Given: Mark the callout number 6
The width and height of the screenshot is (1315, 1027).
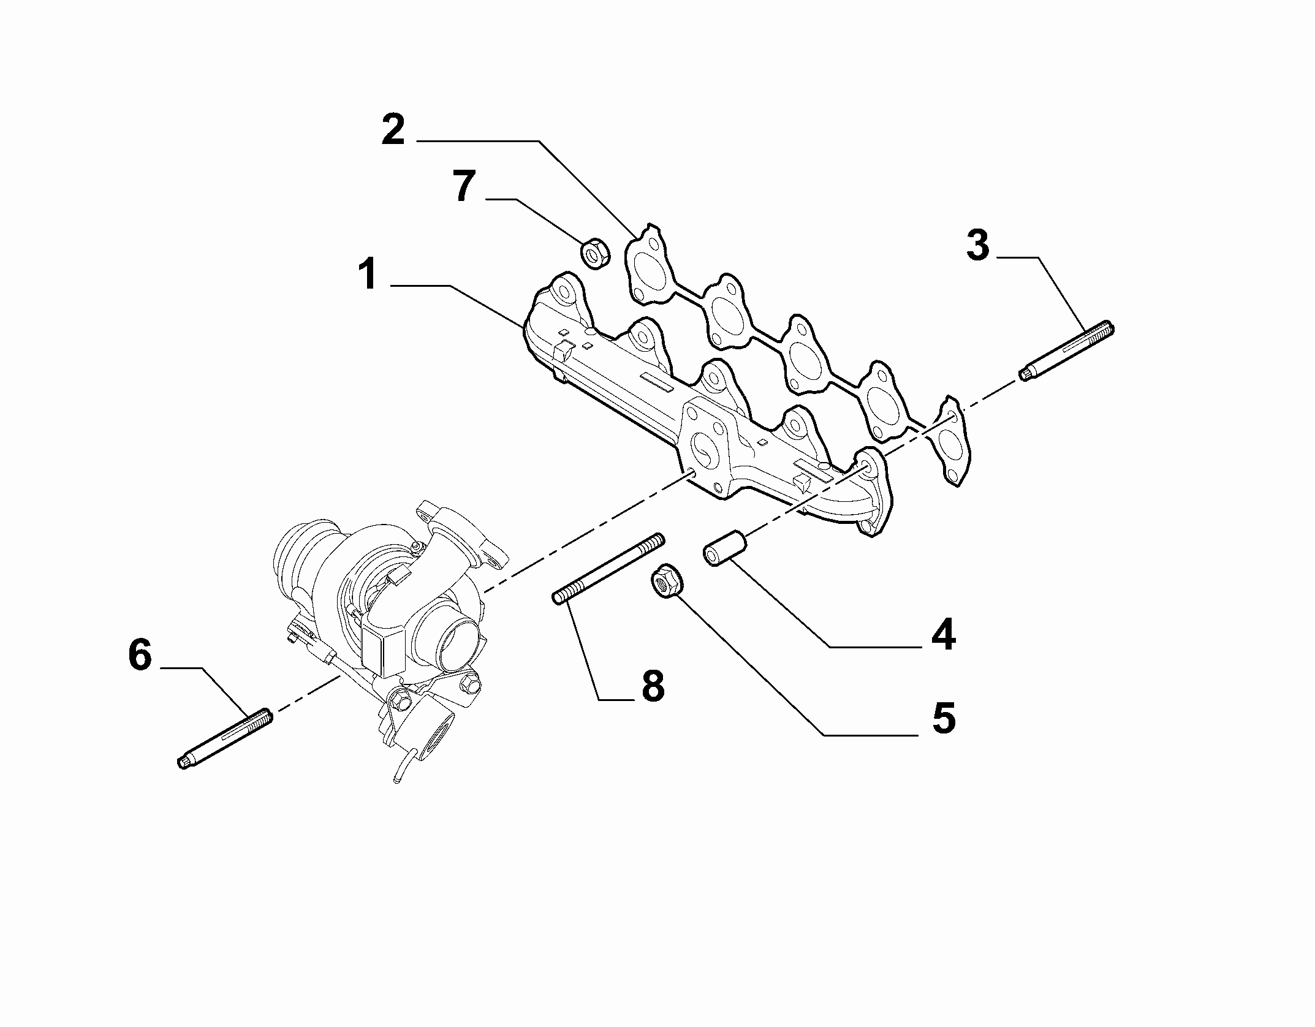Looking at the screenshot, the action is click(x=140, y=655).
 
